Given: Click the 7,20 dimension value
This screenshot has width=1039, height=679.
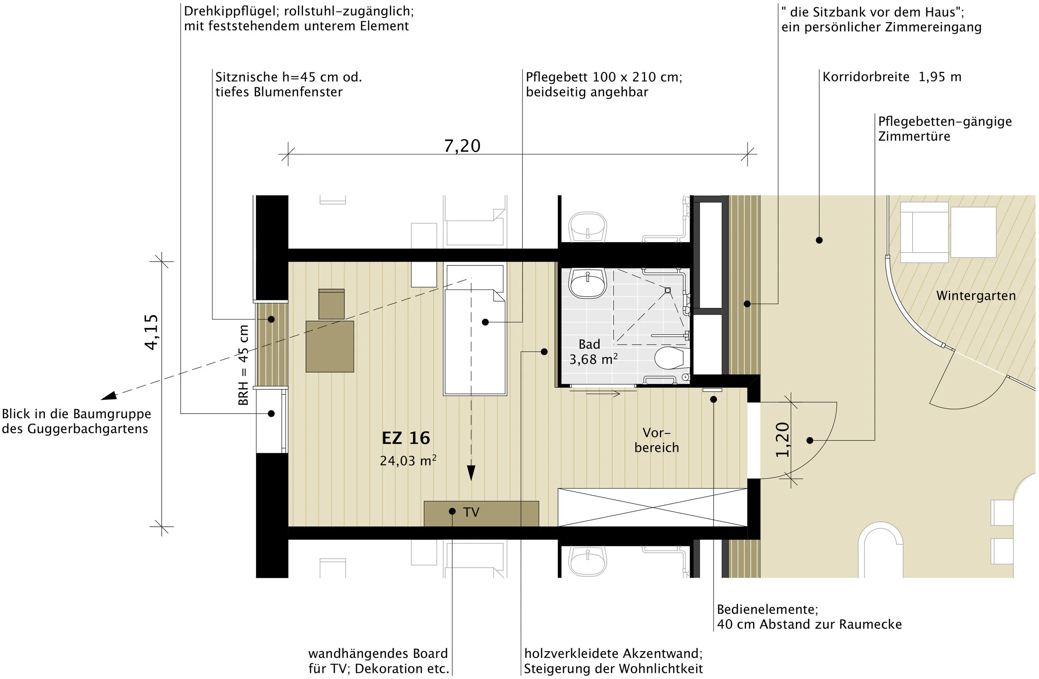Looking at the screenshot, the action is coord(462,146).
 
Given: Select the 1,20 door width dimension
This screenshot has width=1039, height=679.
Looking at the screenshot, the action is coord(782,439).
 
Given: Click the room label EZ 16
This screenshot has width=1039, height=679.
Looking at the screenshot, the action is coord(406,438).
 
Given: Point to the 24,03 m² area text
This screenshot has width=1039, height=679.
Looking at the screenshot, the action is coord(408,461).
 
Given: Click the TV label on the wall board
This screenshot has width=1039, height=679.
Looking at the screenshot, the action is coord(471,512).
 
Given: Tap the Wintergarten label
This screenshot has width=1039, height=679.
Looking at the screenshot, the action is coord(976,296).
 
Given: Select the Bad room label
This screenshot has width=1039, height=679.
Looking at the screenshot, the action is coord(589,344).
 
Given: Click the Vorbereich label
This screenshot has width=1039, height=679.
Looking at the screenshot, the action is coord(657,440).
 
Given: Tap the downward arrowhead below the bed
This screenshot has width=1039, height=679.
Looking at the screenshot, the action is coord(471,473).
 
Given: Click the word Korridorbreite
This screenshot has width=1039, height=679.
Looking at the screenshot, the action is coord(866,77).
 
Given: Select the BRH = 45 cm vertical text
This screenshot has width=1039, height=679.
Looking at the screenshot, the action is coord(244,365).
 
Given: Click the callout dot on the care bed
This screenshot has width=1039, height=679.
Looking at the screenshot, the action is coord(485,322).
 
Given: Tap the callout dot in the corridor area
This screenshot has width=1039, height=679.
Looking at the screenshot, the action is coord(819,240).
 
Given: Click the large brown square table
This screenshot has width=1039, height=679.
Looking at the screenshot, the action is coord(330,347).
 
